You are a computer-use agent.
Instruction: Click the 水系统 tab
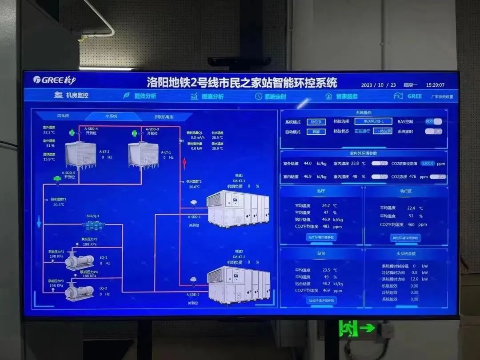pos(111,116)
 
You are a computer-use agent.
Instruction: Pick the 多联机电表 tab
pos(164,117)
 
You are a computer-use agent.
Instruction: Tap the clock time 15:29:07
pos(435,85)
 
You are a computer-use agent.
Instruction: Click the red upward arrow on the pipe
pos(184,163)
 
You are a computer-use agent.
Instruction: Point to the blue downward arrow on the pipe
pos(39,221)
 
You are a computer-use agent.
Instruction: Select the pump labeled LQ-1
pos(80,261)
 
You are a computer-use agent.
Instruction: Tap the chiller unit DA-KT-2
pos(239,284)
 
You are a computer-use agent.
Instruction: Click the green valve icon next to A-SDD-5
pos(57,179)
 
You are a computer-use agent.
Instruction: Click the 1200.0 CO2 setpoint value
pos(428,164)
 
